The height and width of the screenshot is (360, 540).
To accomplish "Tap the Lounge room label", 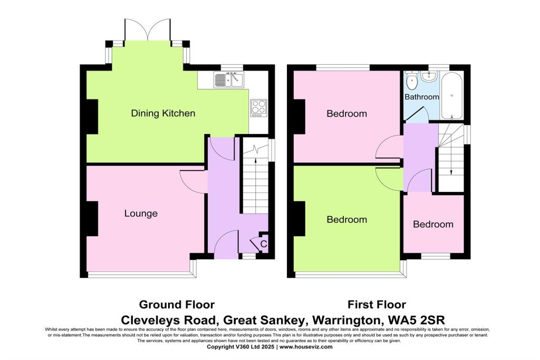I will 141,213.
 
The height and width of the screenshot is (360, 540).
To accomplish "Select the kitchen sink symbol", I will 228,80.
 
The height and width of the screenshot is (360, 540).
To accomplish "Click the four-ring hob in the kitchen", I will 258,108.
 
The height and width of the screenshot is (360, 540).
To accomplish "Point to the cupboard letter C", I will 264,244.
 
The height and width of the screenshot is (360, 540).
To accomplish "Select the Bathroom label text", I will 421,97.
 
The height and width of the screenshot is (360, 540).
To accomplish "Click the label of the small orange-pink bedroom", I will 433,224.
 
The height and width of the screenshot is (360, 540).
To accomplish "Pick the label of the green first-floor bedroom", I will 346,219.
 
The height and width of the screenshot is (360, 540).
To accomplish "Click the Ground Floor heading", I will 177,305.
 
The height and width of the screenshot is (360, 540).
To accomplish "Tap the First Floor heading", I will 377,305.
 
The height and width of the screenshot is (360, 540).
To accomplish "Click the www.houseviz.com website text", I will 306,347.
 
